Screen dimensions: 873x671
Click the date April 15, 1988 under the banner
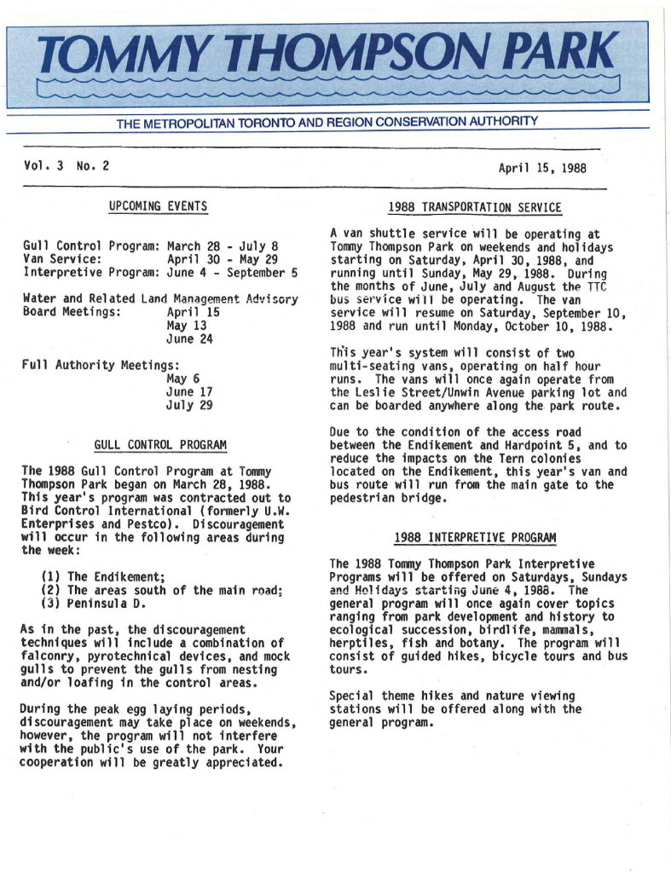click(542, 168)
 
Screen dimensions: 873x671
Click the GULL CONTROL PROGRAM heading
click(159, 445)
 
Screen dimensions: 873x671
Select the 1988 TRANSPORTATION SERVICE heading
click(475, 207)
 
